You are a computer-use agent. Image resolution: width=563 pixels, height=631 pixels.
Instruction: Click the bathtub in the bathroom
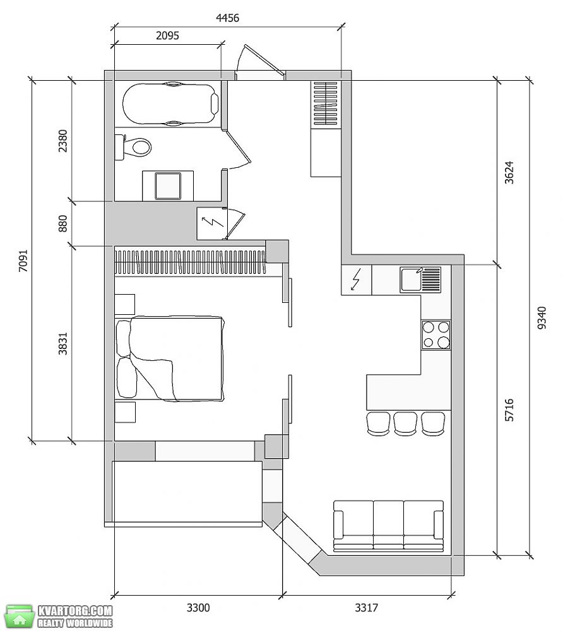click(170, 104)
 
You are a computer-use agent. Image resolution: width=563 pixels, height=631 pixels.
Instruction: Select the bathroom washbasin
click(168, 186)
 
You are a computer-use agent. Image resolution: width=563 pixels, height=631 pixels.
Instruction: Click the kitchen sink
click(420, 280)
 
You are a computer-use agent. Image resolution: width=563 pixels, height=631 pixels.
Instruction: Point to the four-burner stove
click(436, 335)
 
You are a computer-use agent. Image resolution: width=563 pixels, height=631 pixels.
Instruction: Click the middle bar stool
click(406, 424)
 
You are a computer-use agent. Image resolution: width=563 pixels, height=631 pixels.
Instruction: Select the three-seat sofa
click(389, 526)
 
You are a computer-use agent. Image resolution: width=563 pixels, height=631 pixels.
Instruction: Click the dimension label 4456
click(227, 18)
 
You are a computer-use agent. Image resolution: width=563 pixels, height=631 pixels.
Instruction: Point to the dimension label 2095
click(167, 35)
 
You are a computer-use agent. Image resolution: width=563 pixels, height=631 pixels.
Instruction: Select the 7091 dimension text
click(23, 261)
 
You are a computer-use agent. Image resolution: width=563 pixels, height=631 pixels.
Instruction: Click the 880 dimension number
click(63, 224)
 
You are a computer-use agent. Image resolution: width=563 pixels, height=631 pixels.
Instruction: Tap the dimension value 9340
click(542, 318)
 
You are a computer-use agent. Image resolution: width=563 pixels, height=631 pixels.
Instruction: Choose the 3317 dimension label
click(366, 607)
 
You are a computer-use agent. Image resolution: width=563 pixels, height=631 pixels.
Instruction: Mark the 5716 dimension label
click(509, 410)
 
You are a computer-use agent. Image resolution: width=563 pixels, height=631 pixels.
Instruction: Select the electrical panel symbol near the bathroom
click(211, 223)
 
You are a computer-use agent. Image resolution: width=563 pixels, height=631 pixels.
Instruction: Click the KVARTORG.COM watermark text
click(75, 611)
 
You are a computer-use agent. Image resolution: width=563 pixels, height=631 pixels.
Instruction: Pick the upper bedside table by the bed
click(125, 304)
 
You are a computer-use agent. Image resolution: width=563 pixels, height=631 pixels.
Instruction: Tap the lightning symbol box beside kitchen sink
click(356, 280)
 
